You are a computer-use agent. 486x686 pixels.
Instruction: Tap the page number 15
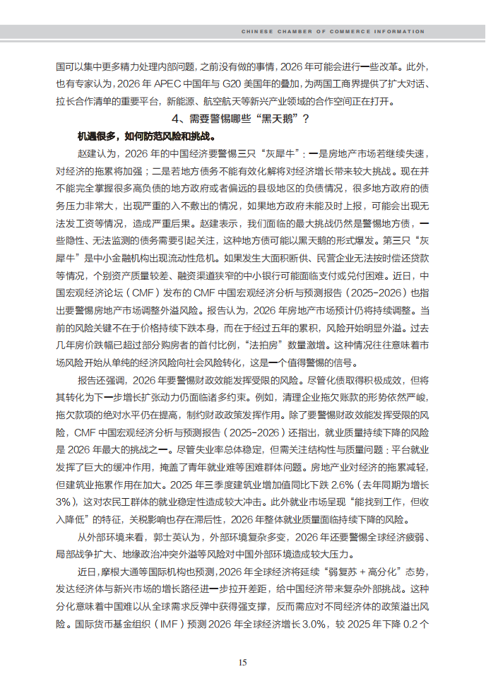pos(242,662)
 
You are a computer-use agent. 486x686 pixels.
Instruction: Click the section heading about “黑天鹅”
pos(242,118)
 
